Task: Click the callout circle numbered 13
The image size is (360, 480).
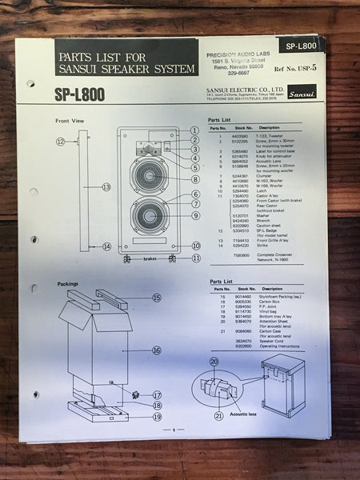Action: (106, 186)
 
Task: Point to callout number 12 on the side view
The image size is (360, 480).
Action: (60, 141)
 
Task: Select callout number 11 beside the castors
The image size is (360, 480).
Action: (196, 258)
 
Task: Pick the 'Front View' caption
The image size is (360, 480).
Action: (70, 121)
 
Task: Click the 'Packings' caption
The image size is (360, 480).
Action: (68, 283)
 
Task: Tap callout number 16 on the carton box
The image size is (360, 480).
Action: (156, 350)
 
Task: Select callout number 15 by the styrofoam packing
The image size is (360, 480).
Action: (156, 298)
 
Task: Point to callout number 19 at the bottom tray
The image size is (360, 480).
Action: (157, 416)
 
